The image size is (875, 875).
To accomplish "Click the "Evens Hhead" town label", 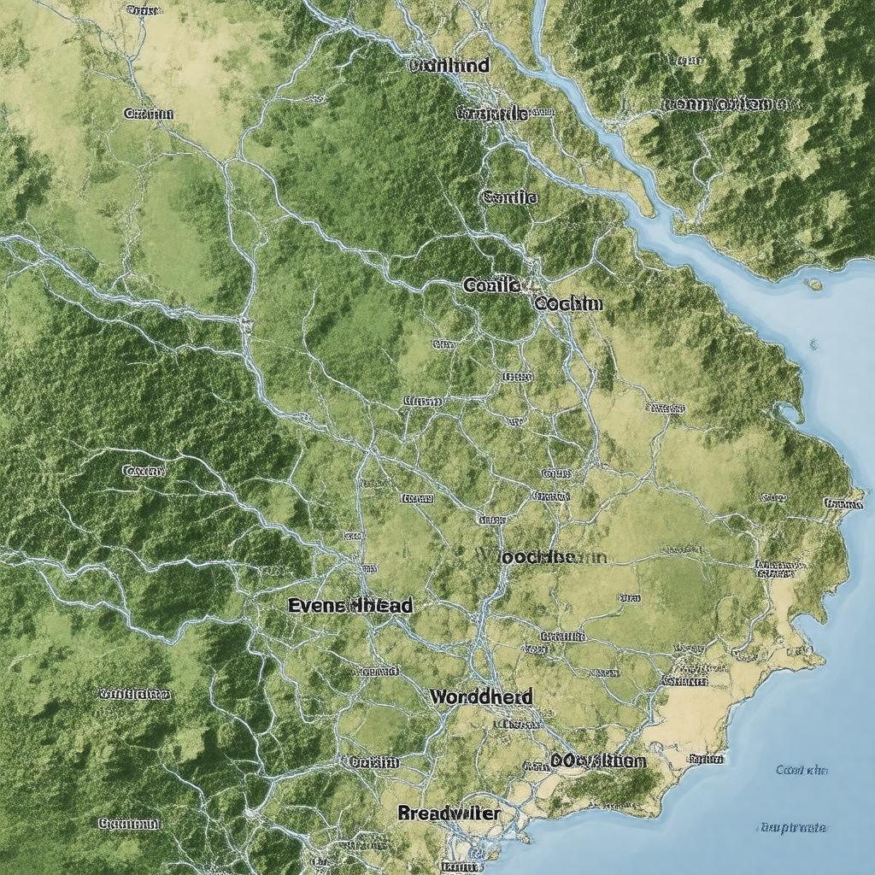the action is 350,605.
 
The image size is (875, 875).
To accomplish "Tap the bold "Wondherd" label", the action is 481,696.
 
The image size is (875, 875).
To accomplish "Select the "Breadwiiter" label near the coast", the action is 449,813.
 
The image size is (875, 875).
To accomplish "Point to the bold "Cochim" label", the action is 568,303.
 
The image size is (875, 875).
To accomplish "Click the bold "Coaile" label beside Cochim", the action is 490,285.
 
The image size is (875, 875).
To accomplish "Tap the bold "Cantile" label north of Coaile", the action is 509,197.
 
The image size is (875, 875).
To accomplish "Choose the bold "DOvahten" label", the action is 598,760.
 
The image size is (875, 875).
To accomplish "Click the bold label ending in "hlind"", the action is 449,65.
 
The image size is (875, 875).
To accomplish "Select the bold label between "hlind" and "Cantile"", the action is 491,112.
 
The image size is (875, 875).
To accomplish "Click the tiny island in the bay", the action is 813,284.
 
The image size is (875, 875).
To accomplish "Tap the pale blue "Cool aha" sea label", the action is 802,770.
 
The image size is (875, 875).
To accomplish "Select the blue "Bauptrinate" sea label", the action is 792,827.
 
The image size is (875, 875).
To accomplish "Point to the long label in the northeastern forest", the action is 725,104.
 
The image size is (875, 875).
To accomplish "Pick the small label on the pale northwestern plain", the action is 149,113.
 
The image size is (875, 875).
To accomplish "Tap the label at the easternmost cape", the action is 843,503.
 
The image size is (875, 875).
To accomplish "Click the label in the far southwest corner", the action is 129,824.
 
